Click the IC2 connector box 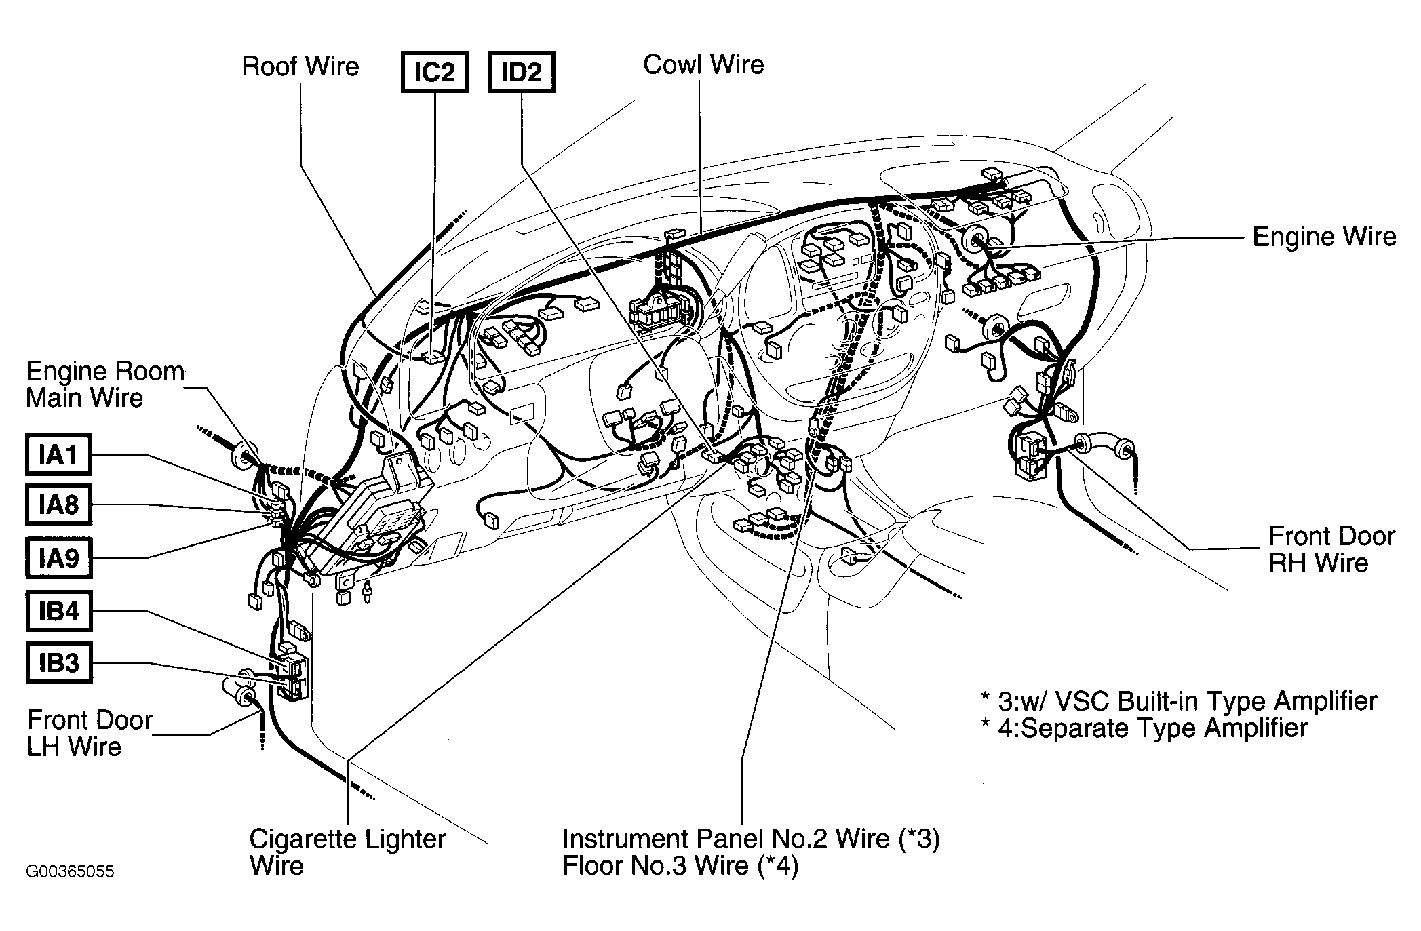coord(435,72)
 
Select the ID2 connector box coord(522,72)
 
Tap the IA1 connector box coord(58,454)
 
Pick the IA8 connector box coord(58,504)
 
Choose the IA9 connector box coord(58,557)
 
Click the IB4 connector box coord(58,611)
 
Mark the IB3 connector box coord(58,662)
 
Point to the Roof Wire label coord(300,66)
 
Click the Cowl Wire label coord(703,64)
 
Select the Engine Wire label coord(1324,237)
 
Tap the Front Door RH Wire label coord(1331,549)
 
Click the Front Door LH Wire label coord(90,733)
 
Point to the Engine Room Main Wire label coord(105,384)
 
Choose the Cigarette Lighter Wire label coord(347,852)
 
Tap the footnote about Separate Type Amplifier coord(1144,728)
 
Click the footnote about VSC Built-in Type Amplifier coord(1179,700)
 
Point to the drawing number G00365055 coord(70,871)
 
